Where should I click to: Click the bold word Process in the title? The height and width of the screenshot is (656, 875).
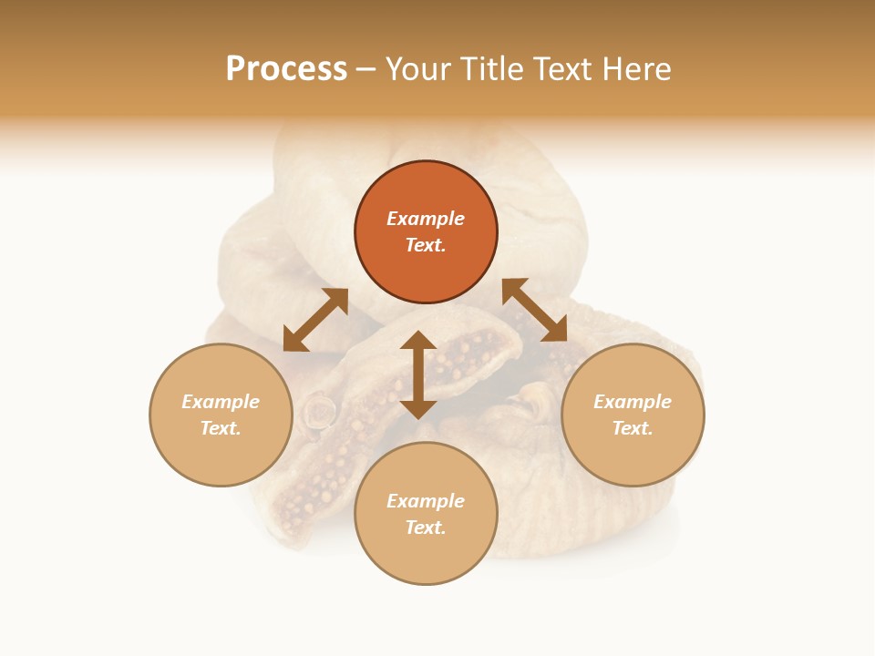(286, 69)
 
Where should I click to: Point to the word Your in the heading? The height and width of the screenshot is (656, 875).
(417, 69)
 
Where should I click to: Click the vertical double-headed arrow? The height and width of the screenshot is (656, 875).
(418, 374)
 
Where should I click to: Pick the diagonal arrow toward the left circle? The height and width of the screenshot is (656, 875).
(315, 320)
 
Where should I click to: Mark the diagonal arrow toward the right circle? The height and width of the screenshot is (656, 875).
(535, 310)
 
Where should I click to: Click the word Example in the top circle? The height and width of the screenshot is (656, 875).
(426, 219)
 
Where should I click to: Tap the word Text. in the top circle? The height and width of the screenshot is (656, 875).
(426, 245)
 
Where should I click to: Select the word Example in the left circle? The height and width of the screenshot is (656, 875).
(221, 402)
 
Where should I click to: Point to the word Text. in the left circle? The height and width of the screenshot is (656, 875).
(221, 428)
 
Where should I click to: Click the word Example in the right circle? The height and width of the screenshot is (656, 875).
(633, 402)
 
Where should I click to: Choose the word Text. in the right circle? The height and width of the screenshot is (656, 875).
(633, 428)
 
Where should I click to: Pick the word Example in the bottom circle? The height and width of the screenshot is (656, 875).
(426, 501)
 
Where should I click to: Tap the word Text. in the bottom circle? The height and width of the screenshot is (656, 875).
(426, 528)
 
